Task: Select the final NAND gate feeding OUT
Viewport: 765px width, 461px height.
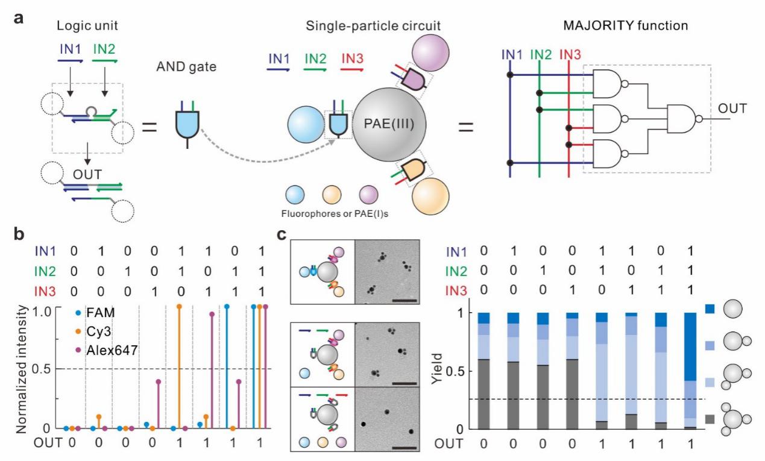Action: (682, 119)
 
